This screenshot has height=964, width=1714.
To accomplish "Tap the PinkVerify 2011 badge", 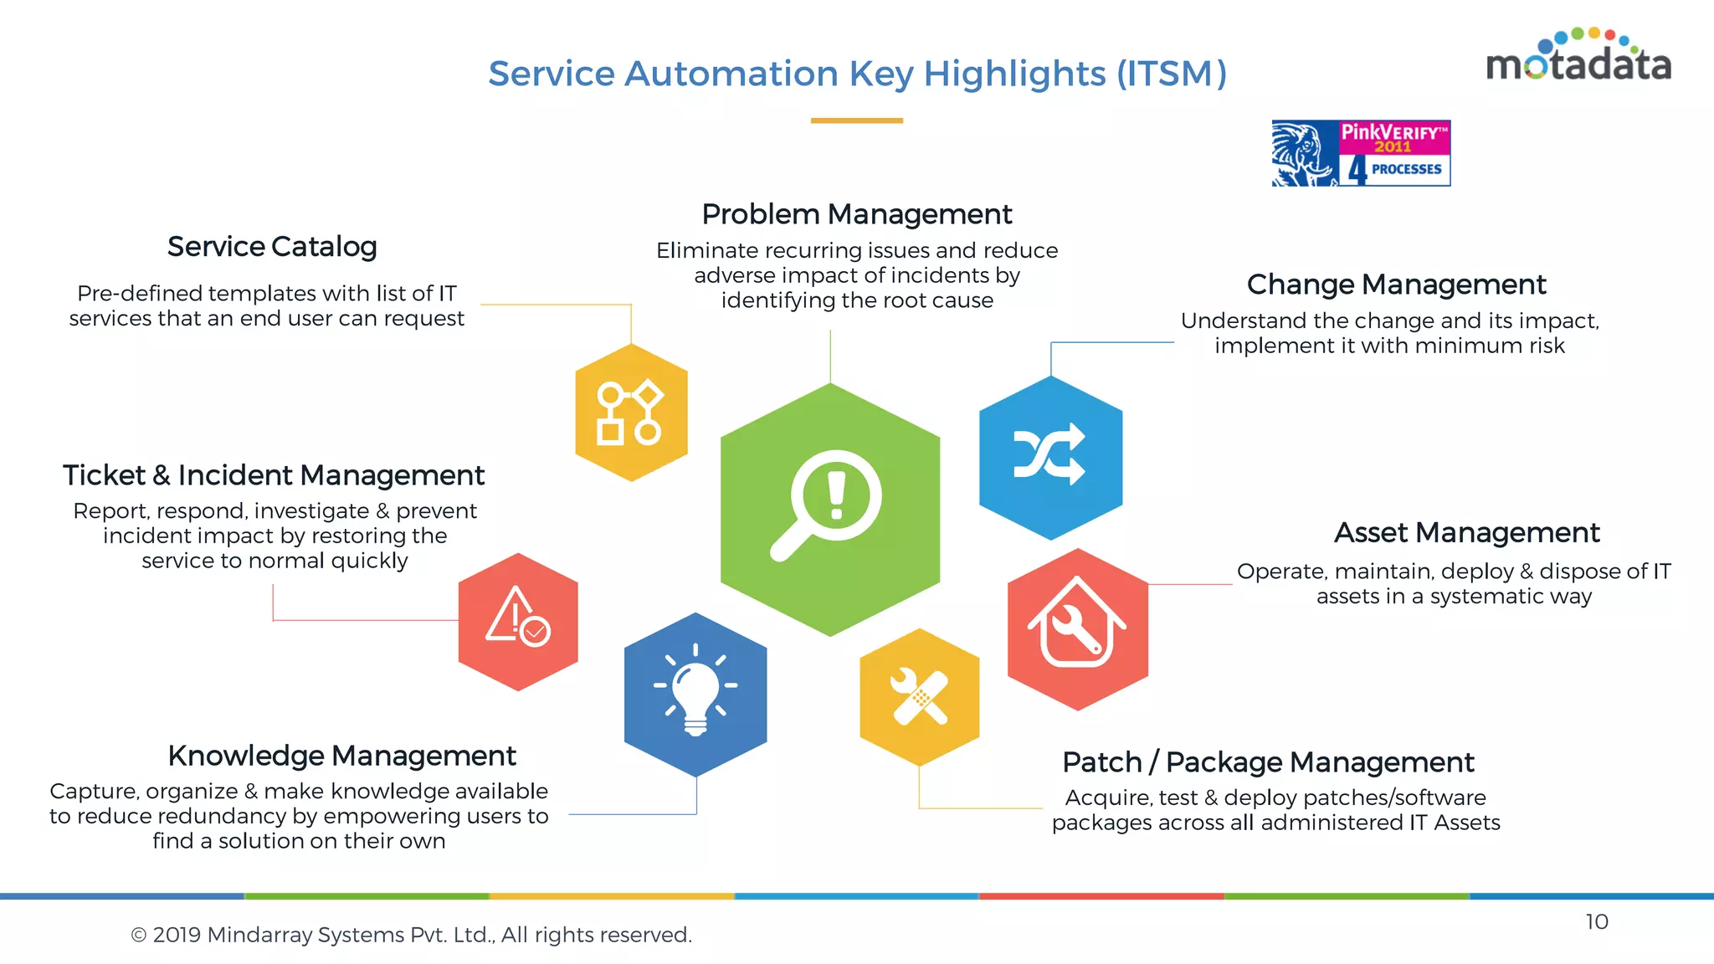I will [1361, 153].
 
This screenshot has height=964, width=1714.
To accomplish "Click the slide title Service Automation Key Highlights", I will [857, 74].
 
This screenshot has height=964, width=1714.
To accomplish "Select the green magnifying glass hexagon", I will [830, 509].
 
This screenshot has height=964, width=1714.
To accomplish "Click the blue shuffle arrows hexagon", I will [1050, 457].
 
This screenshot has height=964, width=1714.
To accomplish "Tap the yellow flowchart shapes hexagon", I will [631, 413].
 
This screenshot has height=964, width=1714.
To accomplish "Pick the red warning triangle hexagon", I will [518, 622].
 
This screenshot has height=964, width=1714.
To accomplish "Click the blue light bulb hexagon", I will [695, 694].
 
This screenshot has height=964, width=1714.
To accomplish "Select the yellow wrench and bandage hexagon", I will [919, 696].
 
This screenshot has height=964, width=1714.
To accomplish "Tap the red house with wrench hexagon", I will [1077, 629].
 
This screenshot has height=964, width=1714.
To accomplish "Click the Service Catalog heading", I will [272, 247].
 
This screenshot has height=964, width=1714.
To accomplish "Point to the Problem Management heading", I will [857, 214].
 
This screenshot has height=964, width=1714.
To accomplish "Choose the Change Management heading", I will [1396, 285].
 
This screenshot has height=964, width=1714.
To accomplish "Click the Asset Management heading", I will [1466, 533].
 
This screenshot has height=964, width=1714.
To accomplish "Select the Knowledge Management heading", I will [341, 756].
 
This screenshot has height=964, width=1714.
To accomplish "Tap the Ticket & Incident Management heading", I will [274, 475].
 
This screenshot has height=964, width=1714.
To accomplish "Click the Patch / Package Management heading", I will [1268, 762].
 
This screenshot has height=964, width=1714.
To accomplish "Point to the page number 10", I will [1596, 921].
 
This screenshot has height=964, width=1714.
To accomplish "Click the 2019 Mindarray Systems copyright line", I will [412, 935].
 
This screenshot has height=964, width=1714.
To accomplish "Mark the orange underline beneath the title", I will [856, 120].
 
